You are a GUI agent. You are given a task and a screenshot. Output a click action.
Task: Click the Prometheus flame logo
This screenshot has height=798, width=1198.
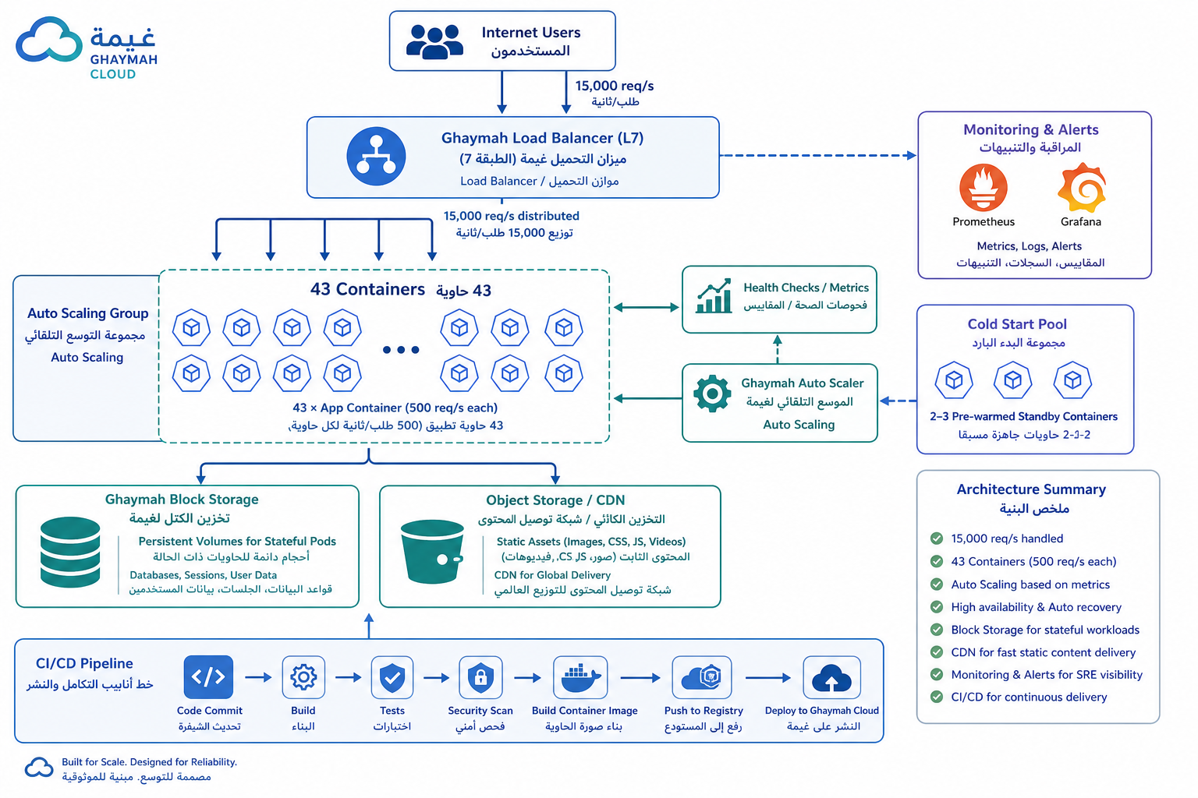point(983,188)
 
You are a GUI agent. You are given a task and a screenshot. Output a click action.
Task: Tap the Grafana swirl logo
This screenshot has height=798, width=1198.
point(1082,188)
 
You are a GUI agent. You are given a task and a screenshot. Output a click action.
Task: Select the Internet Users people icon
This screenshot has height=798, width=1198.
point(434,41)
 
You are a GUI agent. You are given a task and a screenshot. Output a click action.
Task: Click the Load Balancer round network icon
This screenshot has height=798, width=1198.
point(376,156)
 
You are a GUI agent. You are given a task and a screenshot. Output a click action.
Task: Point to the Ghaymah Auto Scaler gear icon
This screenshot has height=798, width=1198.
point(712,394)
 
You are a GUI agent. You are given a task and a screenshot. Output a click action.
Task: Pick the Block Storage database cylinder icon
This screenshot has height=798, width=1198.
point(70,553)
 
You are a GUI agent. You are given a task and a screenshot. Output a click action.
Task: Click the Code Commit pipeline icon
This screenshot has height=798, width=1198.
point(208,677)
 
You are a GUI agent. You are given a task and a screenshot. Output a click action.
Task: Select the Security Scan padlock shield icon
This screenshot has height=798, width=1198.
point(480,677)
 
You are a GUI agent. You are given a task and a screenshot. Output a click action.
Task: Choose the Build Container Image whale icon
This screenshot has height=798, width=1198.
point(580,677)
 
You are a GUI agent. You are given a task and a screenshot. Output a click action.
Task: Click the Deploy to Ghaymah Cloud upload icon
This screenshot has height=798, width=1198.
point(831,677)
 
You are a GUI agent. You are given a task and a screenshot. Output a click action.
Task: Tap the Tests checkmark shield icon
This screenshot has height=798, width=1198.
point(392,677)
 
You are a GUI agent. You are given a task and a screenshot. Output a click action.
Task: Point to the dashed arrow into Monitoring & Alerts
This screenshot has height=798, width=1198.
point(818,156)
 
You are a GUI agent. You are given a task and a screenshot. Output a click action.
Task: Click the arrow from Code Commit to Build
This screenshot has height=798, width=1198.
point(258,677)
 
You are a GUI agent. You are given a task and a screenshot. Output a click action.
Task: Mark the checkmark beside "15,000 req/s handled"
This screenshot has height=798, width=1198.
point(937,538)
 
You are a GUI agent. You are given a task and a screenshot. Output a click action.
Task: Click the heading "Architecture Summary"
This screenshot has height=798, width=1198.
point(1031,489)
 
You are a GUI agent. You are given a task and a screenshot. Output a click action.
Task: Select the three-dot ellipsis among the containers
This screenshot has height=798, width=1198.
point(401,350)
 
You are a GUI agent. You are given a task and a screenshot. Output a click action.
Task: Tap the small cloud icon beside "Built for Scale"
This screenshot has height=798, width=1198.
point(39,768)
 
